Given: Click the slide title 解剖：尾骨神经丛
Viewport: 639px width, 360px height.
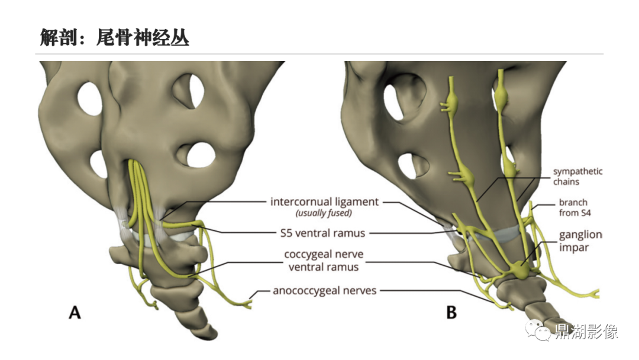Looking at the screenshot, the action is click(115, 38).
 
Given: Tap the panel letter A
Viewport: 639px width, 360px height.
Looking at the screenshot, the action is click(75, 312).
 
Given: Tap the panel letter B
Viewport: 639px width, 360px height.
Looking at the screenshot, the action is click(451, 312).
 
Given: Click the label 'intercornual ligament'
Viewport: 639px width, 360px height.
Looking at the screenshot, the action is click(324, 201).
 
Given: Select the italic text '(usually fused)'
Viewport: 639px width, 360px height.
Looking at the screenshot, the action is click(324, 213).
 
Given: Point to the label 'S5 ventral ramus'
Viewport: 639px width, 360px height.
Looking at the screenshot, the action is click(323, 233).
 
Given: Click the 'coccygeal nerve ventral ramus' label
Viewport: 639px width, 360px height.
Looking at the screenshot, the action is click(324, 260).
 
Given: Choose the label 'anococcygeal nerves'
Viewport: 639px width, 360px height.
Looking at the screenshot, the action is click(324, 290).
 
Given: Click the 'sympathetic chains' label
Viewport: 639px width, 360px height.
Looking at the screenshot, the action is click(577, 176).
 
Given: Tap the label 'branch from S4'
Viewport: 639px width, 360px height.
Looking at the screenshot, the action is click(575, 207).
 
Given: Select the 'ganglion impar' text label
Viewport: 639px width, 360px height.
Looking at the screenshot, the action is click(580, 240).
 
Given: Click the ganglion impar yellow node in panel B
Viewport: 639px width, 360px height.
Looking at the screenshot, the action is click(519, 269).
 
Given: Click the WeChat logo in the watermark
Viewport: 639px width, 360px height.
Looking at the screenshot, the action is click(538, 330).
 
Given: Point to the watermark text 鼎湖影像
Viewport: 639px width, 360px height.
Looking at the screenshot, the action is click(586, 331).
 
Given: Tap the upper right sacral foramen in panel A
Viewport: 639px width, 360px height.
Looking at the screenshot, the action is click(189, 91).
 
